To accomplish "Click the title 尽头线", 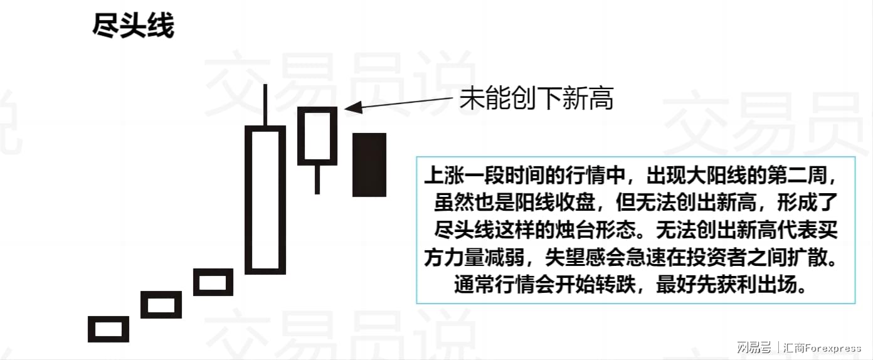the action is coord(134,26).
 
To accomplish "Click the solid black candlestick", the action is coord(369,165).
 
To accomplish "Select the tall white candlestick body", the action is coord(265,200).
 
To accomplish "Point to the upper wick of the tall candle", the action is coord(265,104).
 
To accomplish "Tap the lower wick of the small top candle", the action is coord(317,179).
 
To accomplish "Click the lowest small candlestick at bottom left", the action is coord(108,329).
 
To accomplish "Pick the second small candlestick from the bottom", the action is coord(161,304).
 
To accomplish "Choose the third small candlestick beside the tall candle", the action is coord(213,282).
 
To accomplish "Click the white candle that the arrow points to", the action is coord(317,136).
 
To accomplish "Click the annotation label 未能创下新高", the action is coord(536,98).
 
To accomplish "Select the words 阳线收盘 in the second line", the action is coord(555,202).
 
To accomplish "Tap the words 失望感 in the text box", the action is coord(575,257).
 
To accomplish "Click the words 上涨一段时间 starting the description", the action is coord(484,176).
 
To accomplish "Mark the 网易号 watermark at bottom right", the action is coord(753,347).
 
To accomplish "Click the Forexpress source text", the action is coord(833,347).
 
